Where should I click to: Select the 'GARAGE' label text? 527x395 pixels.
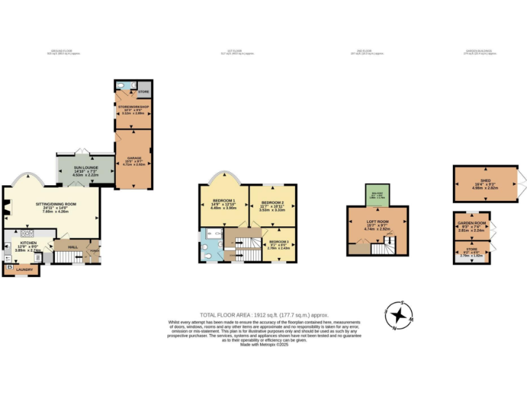(133, 157)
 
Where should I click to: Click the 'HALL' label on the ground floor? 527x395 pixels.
(72, 247)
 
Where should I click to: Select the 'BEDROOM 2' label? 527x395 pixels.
(273, 202)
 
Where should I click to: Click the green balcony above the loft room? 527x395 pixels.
(379, 195)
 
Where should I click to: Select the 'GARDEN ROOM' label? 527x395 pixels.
(472, 223)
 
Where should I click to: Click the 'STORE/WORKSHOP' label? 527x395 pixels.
(134, 107)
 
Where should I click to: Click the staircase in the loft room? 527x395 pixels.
(382, 246)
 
